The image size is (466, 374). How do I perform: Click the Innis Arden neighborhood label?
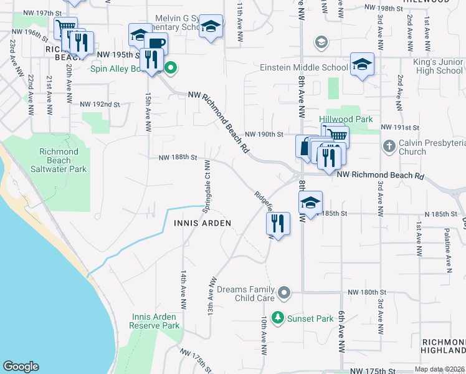202,223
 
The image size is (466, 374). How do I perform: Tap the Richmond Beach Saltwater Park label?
59,160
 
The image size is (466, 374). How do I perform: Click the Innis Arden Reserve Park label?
155,321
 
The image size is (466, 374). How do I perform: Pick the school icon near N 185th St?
310,203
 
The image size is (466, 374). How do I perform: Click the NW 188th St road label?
178,158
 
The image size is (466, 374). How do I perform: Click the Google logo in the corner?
21,367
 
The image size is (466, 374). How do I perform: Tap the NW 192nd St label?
100,104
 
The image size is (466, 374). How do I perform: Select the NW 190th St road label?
264,134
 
